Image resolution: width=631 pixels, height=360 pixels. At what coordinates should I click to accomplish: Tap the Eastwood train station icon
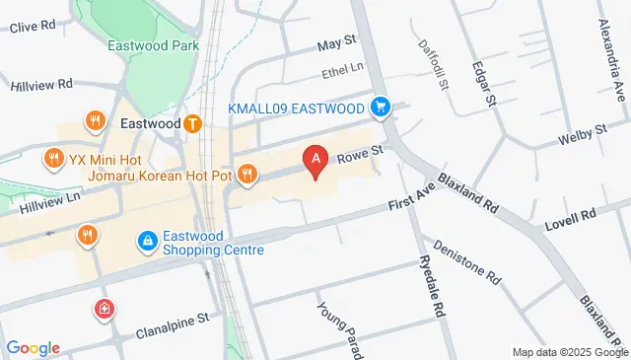click(193, 124)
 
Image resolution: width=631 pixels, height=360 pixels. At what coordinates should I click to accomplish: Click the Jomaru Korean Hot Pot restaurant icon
click(246, 175)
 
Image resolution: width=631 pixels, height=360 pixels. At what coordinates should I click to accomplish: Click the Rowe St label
click(360, 150)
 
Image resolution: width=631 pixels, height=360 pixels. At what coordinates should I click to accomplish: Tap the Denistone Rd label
click(467, 262)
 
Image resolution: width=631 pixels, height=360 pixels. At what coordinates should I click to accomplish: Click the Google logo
click(33, 347)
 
